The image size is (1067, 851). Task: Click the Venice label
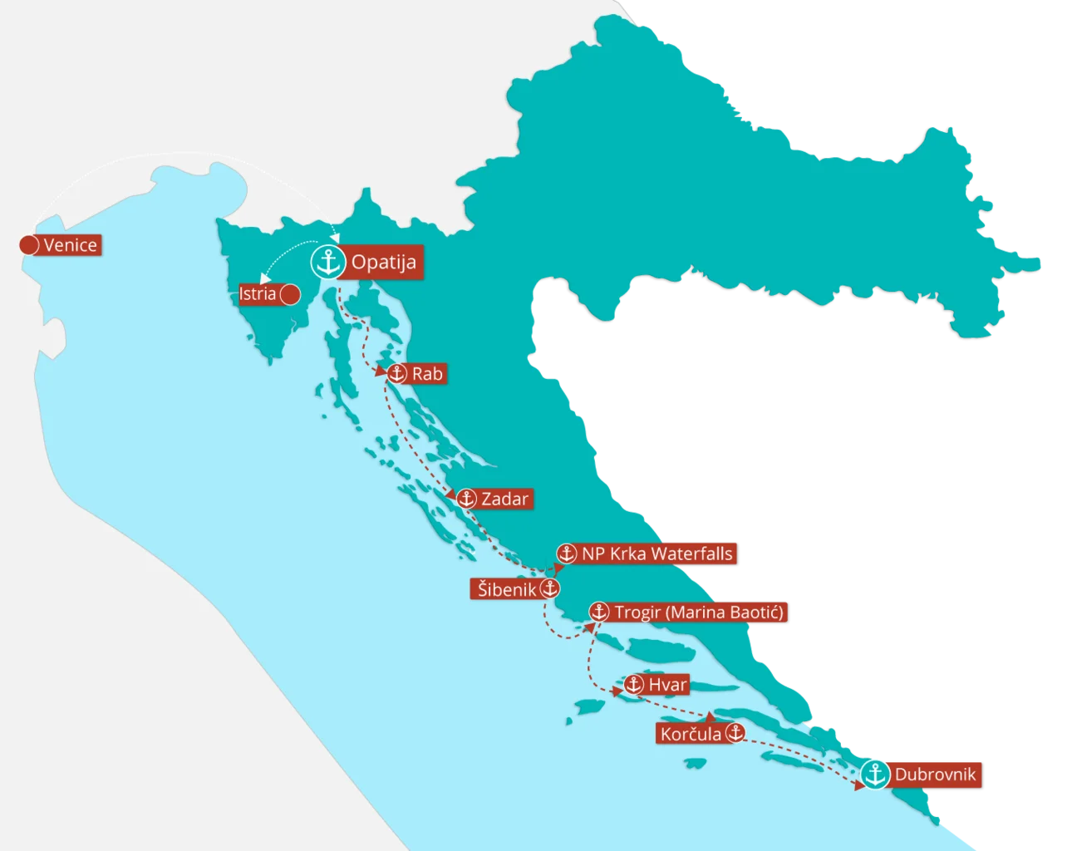click(x=70, y=245)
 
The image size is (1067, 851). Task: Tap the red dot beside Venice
click(x=29, y=245)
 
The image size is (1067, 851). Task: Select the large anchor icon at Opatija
click(x=327, y=263)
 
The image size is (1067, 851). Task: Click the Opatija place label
click(x=383, y=263)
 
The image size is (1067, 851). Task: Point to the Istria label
click(x=258, y=294)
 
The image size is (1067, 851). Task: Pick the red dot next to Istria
click(x=290, y=294)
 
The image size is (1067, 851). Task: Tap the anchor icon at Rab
click(x=397, y=374)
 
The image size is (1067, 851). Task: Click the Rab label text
click(x=427, y=374)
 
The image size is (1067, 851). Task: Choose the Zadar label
click(x=504, y=499)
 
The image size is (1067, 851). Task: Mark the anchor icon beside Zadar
click(x=466, y=499)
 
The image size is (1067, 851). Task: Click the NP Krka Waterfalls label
click(x=657, y=553)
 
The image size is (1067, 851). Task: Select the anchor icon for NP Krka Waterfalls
click(x=566, y=553)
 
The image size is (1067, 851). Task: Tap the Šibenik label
click(x=505, y=589)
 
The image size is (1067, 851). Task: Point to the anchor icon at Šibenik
click(x=549, y=589)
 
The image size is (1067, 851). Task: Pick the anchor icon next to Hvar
click(x=634, y=685)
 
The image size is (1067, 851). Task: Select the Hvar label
click(x=667, y=685)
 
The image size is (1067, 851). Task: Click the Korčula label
click(x=691, y=734)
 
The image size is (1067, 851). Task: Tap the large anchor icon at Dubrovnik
click(x=873, y=775)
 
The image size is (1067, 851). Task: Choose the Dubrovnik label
click(x=937, y=776)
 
